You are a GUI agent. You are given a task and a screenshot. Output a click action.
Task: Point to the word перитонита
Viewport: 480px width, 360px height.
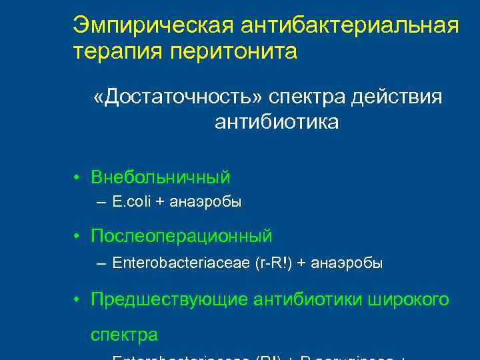(228, 51)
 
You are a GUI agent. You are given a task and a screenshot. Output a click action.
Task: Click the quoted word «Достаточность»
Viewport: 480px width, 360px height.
(178, 97)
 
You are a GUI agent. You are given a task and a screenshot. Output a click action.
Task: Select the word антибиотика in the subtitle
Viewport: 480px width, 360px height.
(277, 123)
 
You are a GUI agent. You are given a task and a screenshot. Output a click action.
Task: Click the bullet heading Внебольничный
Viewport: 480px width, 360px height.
(161, 177)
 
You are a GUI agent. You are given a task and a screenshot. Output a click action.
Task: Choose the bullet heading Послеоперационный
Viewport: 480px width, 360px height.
(181, 236)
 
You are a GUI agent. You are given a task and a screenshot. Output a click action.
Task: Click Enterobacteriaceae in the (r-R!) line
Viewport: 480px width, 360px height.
(181, 263)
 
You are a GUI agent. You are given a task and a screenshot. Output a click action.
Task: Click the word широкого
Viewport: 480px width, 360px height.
(409, 300)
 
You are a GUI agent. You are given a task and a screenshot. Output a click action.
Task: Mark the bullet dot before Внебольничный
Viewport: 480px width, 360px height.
(78, 178)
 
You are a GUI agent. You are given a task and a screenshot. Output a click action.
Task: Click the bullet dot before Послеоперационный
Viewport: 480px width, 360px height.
(78, 237)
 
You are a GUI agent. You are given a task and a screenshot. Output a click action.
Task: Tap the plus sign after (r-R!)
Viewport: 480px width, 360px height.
(303, 263)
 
